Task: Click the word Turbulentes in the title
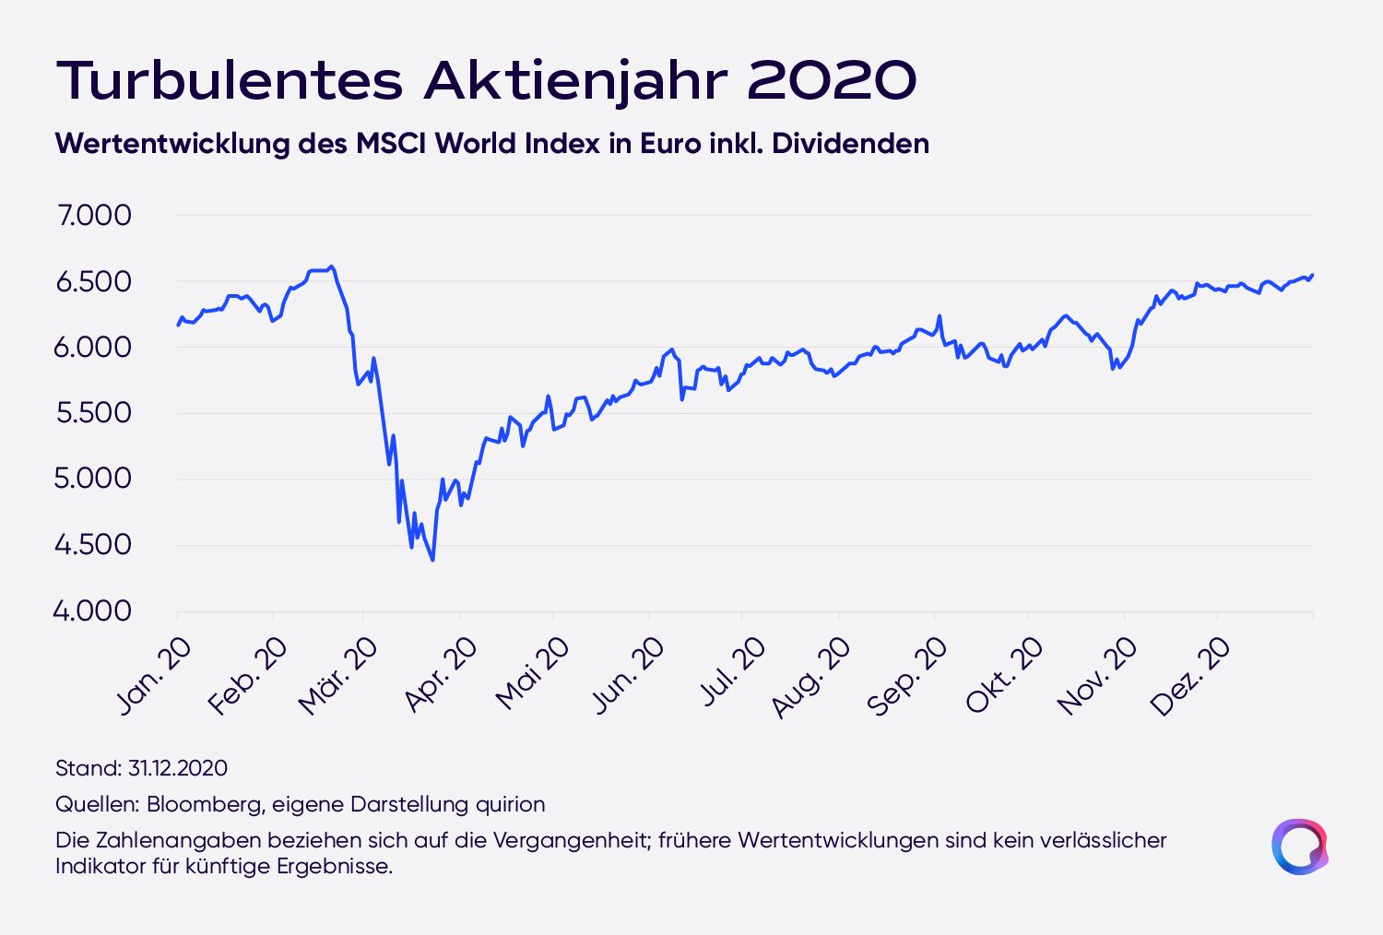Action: click(230, 80)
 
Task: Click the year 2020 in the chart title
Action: click(832, 80)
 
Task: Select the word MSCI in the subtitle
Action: click(391, 144)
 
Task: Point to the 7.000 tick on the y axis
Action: click(94, 216)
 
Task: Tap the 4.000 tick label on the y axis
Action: click(92, 610)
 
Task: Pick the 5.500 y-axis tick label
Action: click(94, 413)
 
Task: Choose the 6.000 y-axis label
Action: click(94, 348)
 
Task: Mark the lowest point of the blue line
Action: click(432, 560)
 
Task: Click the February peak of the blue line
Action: click(332, 266)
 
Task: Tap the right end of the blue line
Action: click(1312, 275)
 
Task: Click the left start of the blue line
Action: click(178, 325)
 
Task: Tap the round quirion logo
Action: click(1299, 846)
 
